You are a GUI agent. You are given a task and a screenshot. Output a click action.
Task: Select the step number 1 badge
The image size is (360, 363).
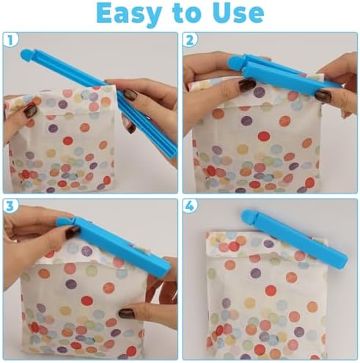(12, 41)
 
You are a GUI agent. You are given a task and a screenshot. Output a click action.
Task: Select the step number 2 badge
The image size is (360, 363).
(191, 41)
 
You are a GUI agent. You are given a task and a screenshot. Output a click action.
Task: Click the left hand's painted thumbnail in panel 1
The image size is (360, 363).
(30, 110)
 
